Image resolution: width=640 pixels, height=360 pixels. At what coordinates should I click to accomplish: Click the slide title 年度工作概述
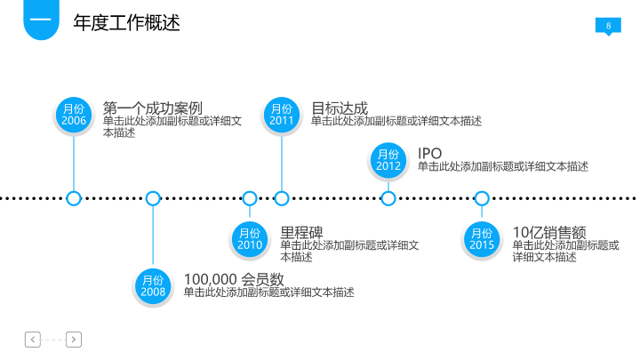coord(126,23)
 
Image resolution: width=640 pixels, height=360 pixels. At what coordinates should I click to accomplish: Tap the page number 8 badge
coord(608,26)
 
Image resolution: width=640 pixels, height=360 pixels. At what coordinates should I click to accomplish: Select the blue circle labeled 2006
coord(74,115)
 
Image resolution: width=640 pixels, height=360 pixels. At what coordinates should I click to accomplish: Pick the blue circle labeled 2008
coord(153,285)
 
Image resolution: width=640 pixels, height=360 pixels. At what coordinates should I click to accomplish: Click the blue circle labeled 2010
coord(250,238)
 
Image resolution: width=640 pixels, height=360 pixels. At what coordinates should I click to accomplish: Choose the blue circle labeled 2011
coord(282,115)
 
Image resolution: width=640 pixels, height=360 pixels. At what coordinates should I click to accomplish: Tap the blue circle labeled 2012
coord(388,160)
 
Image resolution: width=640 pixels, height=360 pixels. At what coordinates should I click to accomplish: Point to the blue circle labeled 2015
coord(482,238)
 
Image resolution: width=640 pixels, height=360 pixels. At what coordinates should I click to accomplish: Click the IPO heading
coord(429,154)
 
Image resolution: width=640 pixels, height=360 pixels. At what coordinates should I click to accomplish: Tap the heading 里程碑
coord(302,232)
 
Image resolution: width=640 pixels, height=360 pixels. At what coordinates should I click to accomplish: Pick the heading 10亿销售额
coord(544,232)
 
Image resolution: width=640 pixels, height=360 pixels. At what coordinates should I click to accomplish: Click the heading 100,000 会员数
coord(234,279)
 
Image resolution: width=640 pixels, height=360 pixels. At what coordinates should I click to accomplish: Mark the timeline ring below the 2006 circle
coord(74,198)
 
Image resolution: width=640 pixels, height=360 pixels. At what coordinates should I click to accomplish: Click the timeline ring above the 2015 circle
coord(482,198)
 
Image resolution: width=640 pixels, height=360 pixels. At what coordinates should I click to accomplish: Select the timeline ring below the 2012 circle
coord(388,198)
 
